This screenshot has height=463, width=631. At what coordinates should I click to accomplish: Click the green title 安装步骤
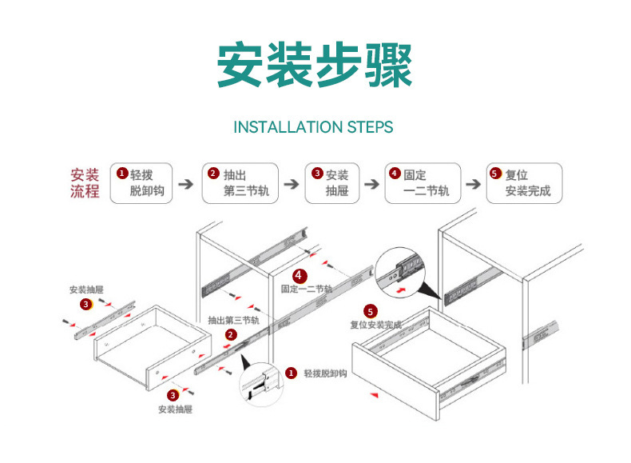(x=315, y=65)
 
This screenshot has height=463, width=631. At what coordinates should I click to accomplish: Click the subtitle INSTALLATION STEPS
(x=313, y=127)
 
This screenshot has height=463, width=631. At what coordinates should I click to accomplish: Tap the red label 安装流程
(x=85, y=183)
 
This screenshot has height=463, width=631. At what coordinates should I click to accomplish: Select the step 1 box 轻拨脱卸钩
(x=141, y=183)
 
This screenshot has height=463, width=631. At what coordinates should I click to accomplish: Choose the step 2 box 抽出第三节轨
(x=240, y=183)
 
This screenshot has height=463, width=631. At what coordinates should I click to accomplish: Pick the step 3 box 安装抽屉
(x=332, y=183)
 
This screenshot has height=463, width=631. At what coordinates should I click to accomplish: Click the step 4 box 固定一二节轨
(x=423, y=183)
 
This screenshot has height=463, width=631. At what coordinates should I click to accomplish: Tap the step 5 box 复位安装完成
(x=524, y=183)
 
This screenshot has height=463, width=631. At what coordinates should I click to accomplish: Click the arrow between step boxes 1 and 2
(x=186, y=184)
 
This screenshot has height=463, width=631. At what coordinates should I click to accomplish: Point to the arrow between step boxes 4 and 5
(x=473, y=184)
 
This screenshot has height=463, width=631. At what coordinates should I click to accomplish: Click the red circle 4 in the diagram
(x=299, y=276)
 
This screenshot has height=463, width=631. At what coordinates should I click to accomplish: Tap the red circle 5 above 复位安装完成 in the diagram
(x=371, y=312)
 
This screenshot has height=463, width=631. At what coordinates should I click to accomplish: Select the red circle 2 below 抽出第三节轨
(x=231, y=334)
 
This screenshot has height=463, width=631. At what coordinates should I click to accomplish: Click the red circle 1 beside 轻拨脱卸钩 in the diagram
(x=291, y=373)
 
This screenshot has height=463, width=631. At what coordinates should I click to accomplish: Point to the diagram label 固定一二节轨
(x=307, y=289)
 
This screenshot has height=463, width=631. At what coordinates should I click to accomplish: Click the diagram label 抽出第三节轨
(x=234, y=321)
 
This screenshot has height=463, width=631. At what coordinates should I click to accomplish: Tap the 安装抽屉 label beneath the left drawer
(x=175, y=409)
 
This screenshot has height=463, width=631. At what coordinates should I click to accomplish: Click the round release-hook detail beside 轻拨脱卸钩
(x=260, y=384)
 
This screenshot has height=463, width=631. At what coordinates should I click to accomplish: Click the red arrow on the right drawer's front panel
(x=375, y=395)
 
